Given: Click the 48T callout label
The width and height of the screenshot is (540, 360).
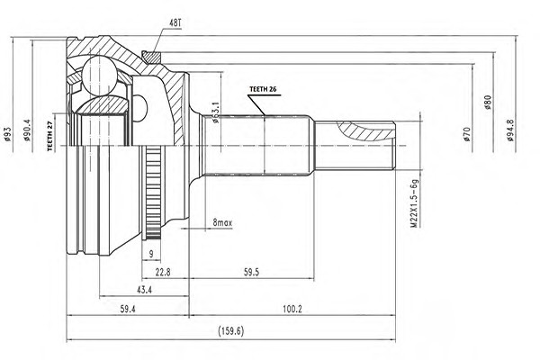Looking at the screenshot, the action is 175,23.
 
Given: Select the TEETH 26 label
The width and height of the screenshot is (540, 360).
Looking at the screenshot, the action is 263,89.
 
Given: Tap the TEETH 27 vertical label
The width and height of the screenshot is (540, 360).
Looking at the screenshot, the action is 50,137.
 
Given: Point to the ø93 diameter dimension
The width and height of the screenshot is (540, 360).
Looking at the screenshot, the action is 7,134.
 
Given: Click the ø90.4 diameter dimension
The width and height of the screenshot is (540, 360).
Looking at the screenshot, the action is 27,130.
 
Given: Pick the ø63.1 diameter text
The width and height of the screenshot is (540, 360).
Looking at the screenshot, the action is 216,112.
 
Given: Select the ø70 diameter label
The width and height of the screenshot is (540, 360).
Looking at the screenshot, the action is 466,134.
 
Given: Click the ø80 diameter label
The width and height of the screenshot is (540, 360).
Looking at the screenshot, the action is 487,103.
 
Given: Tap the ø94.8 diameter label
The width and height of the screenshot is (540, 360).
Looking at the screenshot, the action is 510,130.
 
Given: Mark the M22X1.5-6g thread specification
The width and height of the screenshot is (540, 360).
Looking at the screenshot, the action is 414,203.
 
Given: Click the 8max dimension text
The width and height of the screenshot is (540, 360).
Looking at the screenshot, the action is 222,223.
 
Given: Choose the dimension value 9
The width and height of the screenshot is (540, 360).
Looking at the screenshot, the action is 151,254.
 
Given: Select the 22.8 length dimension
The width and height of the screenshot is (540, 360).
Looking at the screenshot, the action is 163,272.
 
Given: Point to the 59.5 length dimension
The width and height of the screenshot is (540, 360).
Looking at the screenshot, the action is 251,272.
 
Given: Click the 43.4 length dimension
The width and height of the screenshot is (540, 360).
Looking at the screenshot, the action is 144,290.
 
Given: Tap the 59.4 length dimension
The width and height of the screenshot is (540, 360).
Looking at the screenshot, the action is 128,310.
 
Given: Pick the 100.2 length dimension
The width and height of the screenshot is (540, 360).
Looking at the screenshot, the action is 292,310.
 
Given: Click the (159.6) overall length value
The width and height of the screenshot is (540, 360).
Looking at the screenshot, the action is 230,331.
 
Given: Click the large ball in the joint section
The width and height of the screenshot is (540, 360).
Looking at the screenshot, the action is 99,76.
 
